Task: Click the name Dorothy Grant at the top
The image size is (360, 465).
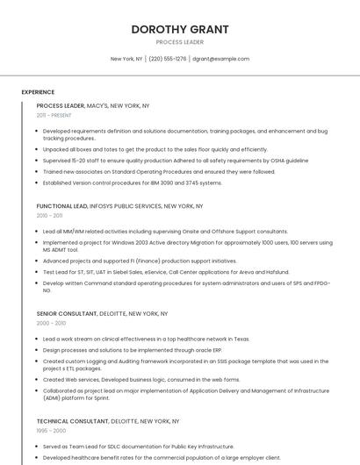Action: (180, 29)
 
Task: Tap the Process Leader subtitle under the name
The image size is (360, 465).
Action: (180, 42)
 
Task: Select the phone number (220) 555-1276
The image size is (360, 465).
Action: (167, 59)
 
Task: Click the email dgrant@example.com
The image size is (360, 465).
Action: (220, 59)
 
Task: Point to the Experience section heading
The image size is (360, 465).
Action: (38, 92)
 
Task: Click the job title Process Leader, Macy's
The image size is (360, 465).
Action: (93, 105)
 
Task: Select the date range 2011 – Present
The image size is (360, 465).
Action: (54, 115)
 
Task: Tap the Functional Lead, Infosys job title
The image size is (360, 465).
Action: (119, 205)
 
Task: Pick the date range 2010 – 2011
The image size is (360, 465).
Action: (49, 215)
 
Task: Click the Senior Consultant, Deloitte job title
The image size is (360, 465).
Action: (102, 313)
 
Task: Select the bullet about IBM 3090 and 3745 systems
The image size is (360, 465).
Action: (133, 182)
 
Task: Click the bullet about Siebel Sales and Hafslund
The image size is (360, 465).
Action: (166, 272)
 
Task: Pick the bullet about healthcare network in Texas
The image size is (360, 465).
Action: (146, 339)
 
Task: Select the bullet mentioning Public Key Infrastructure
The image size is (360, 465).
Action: (138, 447)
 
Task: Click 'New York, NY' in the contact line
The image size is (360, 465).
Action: (126, 59)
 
